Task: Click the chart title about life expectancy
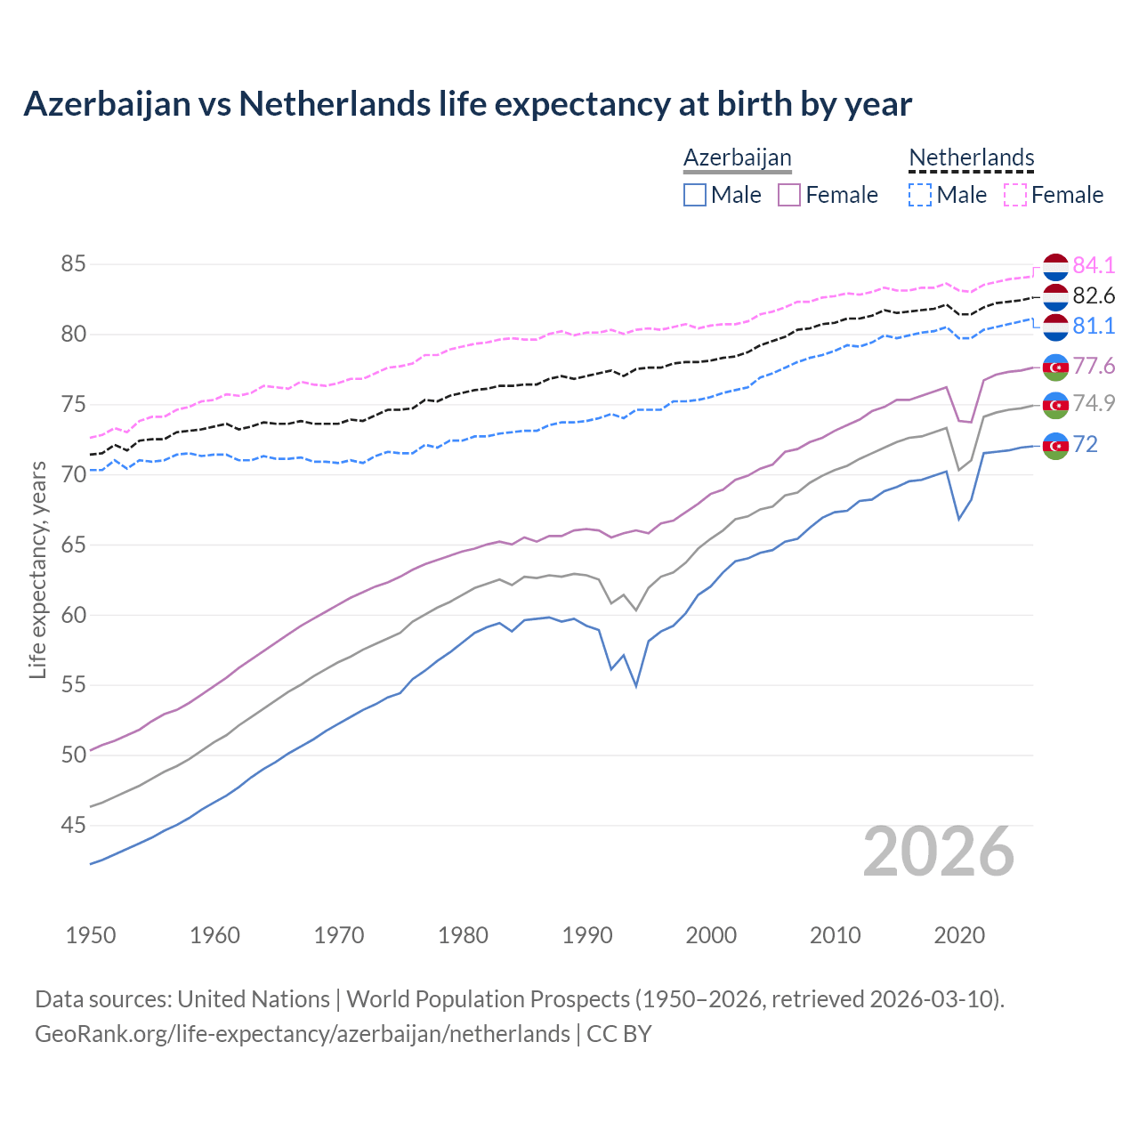pyautogui.click(x=467, y=104)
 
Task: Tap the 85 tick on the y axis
pyautogui.click(x=73, y=264)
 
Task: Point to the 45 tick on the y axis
pyautogui.click(x=73, y=826)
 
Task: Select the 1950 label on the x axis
pyautogui.click(x=91, y=935)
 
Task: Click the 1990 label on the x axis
pyautogui.click(x=587, y=935)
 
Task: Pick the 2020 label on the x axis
pyautogui.click(x=959, y=935)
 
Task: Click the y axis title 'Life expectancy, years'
pyautogui.click(x=37, y=569)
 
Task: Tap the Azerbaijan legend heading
pyautogui.click(x=737, y=158)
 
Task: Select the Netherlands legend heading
pyautogui.click(x=971, y=158)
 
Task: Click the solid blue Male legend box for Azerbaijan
pyautogui.click(x=695, y=195)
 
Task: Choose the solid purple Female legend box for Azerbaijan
pyautogui.click(x=789, y=195)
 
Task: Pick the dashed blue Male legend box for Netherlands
pyautogui.click(x=920, y=195)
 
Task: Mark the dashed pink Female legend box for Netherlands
pyautogui.click(x=1015, y=195)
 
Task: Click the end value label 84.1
pyautogui.click(x=1094, y=265)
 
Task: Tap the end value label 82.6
pyautogui.click(x=1094, y=295)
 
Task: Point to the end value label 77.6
pyautogui.click(x=1094, y=366)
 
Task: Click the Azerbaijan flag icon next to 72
pyautogui.click(x=1055, y=445)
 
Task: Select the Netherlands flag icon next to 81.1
pyautogui.click(x=1055, y=327)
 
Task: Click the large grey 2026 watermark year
pyautogui.click(x=939, y=852)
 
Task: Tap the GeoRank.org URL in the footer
pyautogui.click(x=303, y=1033)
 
